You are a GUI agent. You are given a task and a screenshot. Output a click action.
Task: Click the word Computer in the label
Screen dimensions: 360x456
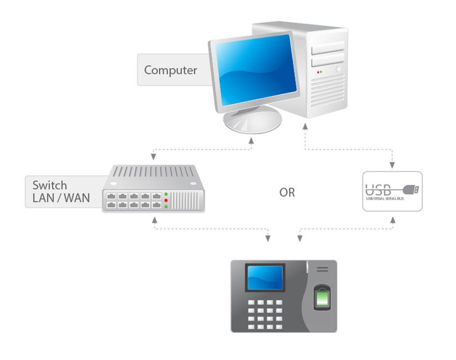pyautogui.click(x=171, y=70)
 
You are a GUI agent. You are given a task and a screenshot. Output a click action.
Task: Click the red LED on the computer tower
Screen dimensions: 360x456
pyautogui.click(x=318, y=72)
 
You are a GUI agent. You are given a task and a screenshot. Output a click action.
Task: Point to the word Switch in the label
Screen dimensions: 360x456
pyautogui.click(x=49, y=185)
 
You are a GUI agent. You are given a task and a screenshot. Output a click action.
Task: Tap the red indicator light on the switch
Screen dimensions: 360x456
pyautogui.click(x=166, y=200)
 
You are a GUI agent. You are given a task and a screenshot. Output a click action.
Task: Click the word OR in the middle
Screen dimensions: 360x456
pyautogui.click(x=287, y=192)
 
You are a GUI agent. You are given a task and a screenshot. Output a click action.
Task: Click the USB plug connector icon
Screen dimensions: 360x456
pyautogui.click(x=411, y=189)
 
